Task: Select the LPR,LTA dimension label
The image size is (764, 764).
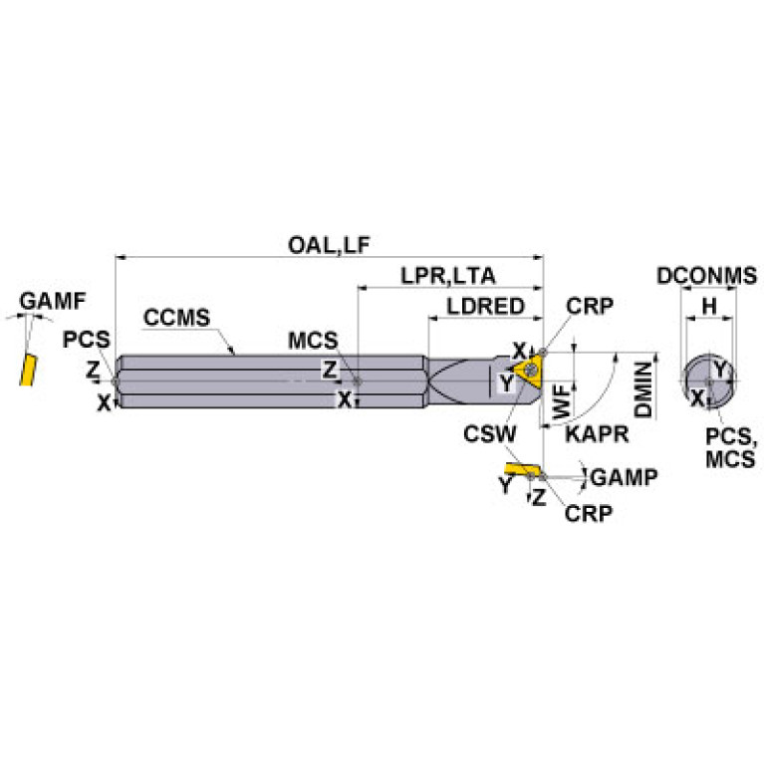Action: [x=447, y=276]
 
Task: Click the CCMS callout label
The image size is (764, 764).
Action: [x=176, y=319]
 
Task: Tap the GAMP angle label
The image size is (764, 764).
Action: [x=624, y=478]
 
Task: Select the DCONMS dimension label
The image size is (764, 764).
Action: [x=706, y=277]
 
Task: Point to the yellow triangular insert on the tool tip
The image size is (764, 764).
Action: [x=524, y=373]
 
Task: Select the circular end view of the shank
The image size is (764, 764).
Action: [x=708, y=381]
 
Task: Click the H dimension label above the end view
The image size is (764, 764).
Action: [x=708, y=308]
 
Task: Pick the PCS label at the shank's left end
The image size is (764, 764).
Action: [x=87, y=340]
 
